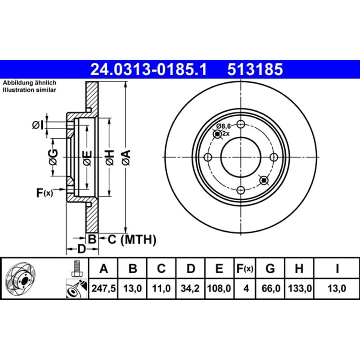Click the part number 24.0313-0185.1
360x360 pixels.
point(148,69)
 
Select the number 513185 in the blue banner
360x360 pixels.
point(255,69)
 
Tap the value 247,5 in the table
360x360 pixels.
point(103,288)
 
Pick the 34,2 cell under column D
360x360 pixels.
point(190,288)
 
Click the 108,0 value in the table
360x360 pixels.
point(219,288)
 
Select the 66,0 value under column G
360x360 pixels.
point(271,288)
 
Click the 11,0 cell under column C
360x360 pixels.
point(161,288)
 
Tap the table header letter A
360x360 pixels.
point(104,268)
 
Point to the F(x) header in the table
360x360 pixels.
point(245,268)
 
